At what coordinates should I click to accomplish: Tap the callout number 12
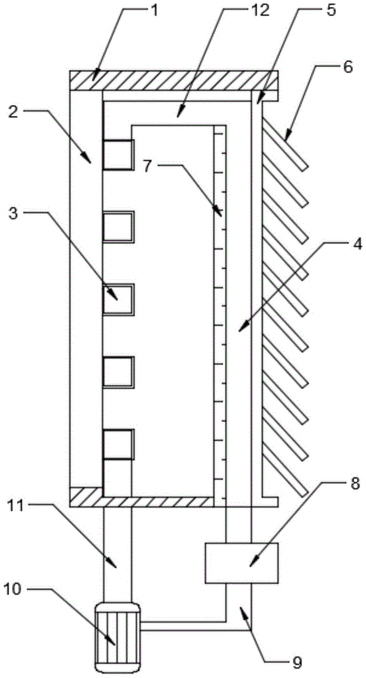click(x=261, y=10)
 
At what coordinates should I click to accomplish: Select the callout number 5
click(x=331, y=10)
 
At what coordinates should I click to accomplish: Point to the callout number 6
click(x=348, y=67)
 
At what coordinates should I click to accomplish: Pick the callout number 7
click(x=148, y=167)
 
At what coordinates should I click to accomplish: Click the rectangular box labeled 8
click(x=241, y=563)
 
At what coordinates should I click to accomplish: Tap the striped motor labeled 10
click(x=117, y=632)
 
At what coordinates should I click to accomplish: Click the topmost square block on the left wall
click(x=117, y=155)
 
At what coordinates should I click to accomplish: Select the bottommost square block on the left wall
click(x=117, y=444)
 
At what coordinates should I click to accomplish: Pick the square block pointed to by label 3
click(x=117, y=299)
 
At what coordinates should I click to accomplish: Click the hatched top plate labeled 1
click(x=174, y=81)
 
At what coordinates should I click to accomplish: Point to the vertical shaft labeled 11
click(x=117, y=555)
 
